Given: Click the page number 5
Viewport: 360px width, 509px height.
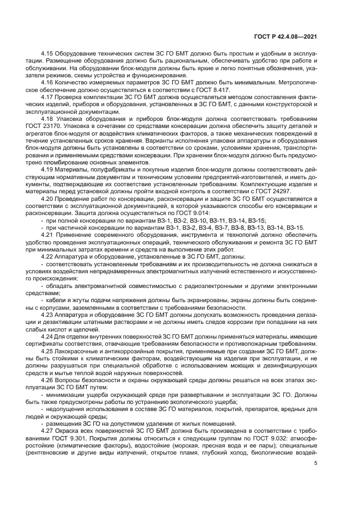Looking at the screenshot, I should click(316, 463).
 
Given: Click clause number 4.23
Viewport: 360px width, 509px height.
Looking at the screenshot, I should click(47, 315).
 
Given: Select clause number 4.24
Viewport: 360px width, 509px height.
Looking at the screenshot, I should click(47, 336).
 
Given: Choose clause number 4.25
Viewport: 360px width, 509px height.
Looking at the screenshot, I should click(47, 351).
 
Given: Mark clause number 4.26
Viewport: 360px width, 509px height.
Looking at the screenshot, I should click(47, 380).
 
